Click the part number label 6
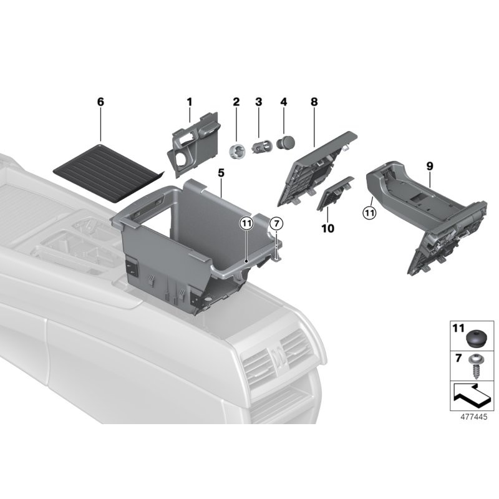(100, 102)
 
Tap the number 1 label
(190, 102)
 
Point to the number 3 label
(258, 102)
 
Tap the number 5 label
(221, 172)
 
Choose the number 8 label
(314, 102)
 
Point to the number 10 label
(327, 229)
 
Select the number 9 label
(429, 167)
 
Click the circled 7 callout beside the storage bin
(276, 223)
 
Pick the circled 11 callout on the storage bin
(246, 223)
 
